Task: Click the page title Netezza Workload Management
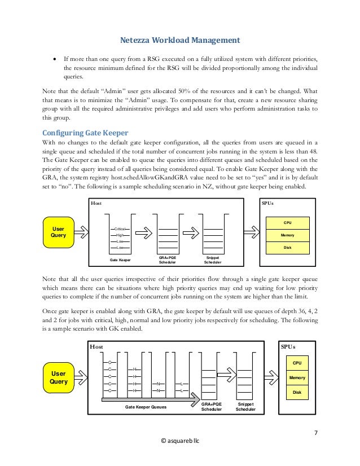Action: pyautogui.click(x=180, y=39)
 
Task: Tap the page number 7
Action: pyautogui.click(x=315, y=433)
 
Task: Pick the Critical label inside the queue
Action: pyautogui.click(x=120, y=228)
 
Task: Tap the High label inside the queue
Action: pyautogui.click(x=120, y=235)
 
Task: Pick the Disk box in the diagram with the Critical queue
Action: pyautogui.click(x=288, y=246)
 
